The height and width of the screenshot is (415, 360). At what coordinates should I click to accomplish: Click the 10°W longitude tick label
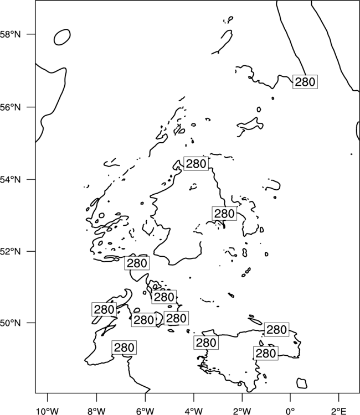[48, 411]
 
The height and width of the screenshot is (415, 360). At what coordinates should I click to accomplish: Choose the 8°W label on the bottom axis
[96, 411]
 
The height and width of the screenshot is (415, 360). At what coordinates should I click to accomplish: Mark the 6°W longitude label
[145, 411]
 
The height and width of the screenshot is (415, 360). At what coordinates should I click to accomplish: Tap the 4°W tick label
[194, 411]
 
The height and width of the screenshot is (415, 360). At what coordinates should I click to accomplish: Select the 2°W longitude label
[242, 411]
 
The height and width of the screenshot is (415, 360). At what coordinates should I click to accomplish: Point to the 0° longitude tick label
[291, 411]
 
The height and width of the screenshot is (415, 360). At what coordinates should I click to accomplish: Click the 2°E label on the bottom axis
[339, 411]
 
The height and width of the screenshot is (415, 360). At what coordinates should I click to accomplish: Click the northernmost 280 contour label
[305, 82]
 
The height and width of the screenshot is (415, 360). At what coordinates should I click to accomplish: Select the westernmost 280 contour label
[104, 309]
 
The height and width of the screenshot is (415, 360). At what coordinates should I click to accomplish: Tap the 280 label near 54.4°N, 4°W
[196, 164]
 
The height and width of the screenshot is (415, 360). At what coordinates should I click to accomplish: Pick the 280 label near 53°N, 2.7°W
[224, 214]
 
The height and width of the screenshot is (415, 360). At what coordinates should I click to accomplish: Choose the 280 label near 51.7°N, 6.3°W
[137, 263]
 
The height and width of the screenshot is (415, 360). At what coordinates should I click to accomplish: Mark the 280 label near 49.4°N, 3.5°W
[206, 343]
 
